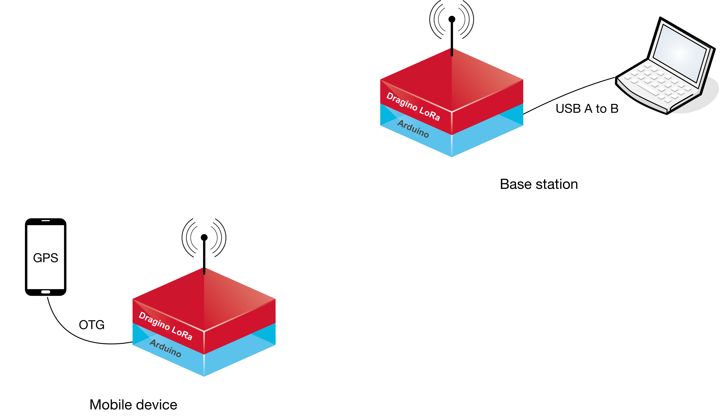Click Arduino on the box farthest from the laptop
[166, 348]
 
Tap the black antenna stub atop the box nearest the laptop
[452, 52]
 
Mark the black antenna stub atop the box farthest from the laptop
[204, 271]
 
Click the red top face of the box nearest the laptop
[452, 80]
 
